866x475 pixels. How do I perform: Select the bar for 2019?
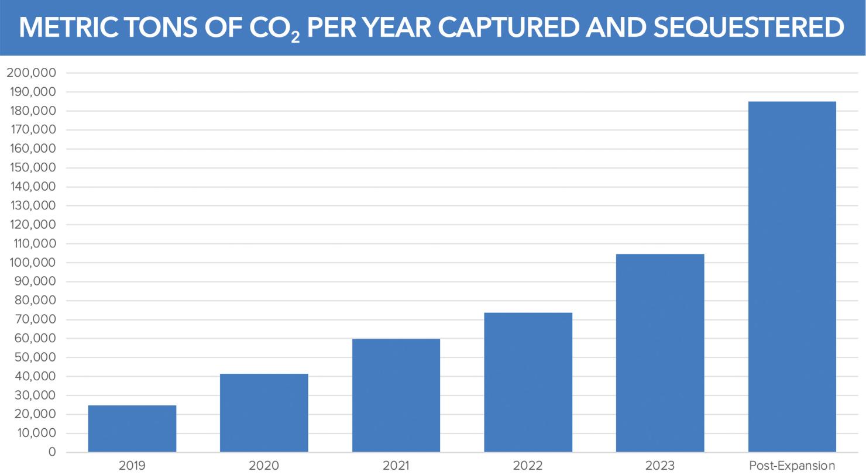click(x=132, y=429)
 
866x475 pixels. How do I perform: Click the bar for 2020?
click(x=264, y=413)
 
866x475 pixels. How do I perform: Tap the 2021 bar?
click(x=396, y=395)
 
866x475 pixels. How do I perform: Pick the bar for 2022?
click(x=528, y=383)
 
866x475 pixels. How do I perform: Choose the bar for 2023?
click(x=660, y=353)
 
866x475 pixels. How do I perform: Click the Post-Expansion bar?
click(x=792, y=277)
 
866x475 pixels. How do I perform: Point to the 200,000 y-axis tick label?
click(x=31, y=73)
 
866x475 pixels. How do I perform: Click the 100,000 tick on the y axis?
click(x=31, y=263)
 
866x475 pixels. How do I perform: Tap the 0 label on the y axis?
click(x=52, y=452)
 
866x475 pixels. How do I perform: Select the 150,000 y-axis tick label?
click(x=31, y=168)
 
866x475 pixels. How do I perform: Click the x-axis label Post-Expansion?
click(x=792, y=466)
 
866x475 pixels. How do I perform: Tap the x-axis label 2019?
click(x=132, y=466)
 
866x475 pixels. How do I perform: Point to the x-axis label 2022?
click(x=528, y=466)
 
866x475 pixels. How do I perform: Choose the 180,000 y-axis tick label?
click(x=31, y=111)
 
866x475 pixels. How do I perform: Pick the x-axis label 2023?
click(x=660, y=466)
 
